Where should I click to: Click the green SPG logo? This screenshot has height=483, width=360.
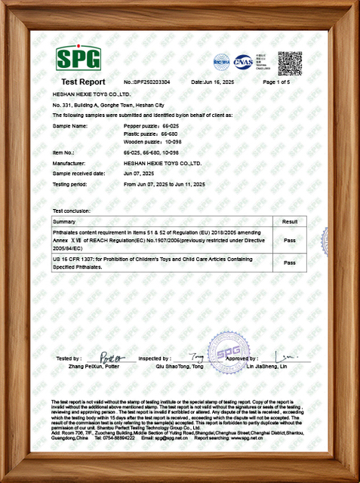(78, 58)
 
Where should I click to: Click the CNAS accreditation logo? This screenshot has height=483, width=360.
(243, 60)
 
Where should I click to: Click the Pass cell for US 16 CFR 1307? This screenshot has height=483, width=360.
(288, 263)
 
